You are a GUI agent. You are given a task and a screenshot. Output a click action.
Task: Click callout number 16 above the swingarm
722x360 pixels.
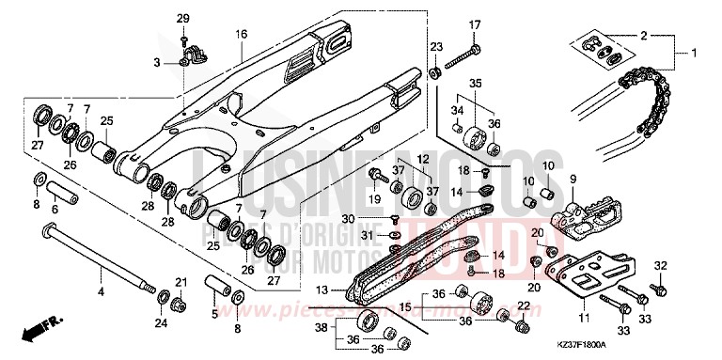(x=242, y=34)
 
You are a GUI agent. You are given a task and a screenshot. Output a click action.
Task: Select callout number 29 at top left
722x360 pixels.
(x=183, y=19)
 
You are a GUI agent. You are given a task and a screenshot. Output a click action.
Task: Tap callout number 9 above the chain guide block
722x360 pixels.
(x=573, y=179)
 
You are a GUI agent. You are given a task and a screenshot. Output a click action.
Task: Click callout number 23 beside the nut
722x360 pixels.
(x=436, y=46)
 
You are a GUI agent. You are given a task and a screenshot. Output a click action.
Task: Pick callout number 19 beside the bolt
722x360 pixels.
(x=372, y=199)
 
